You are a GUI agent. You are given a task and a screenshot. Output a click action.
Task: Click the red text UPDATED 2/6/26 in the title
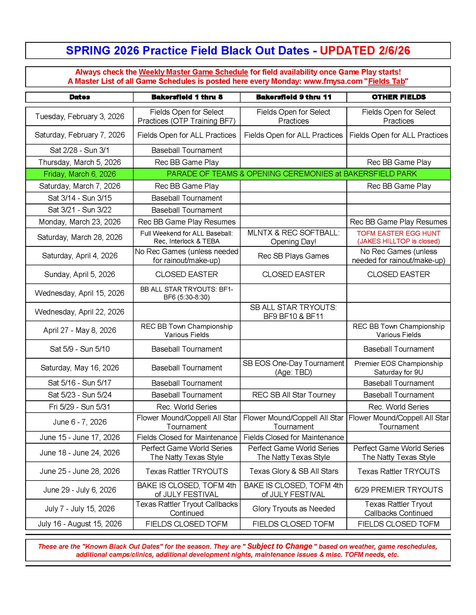coord(365,50)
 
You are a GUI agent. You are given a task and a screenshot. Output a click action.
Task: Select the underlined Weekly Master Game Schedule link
coord(193,72)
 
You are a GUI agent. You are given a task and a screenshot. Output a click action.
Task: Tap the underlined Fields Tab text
coord(386,81)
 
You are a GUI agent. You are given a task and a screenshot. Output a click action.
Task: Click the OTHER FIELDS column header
coord(398,97)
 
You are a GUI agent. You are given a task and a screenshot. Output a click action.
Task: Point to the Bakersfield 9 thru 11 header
coord(293,97)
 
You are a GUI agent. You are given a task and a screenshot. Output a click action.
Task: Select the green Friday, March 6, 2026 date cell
coord(80,174)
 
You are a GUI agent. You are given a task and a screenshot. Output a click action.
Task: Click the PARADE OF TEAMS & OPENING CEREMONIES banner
coord(291,174)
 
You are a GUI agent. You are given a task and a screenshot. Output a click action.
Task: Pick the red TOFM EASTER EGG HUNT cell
coord(398,237)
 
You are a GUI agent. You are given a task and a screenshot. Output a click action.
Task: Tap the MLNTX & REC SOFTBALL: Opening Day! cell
coord(293,237)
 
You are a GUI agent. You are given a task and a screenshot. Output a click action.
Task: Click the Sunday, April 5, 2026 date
coord(80,274)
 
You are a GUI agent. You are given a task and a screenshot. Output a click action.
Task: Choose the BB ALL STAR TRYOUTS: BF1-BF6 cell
coord(187,293)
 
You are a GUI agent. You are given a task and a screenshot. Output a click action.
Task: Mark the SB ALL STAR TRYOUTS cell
coord(293,312)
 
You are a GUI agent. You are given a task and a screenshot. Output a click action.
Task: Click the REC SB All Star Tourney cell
coord(293,395)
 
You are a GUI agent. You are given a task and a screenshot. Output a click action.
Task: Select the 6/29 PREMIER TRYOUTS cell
coord(398,490)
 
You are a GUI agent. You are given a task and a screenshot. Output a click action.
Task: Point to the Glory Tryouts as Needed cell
coord(293,508)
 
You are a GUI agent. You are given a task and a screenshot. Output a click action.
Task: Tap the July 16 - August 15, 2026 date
coord(80,524)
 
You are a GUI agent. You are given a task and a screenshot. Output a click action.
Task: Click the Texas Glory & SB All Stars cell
coord(293,471)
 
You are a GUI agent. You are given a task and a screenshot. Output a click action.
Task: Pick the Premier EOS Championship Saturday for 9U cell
coord(398,368)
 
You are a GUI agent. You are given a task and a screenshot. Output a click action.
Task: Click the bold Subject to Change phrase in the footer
coord(280,546)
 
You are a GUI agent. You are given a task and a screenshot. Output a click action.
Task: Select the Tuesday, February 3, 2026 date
coord(80,116)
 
